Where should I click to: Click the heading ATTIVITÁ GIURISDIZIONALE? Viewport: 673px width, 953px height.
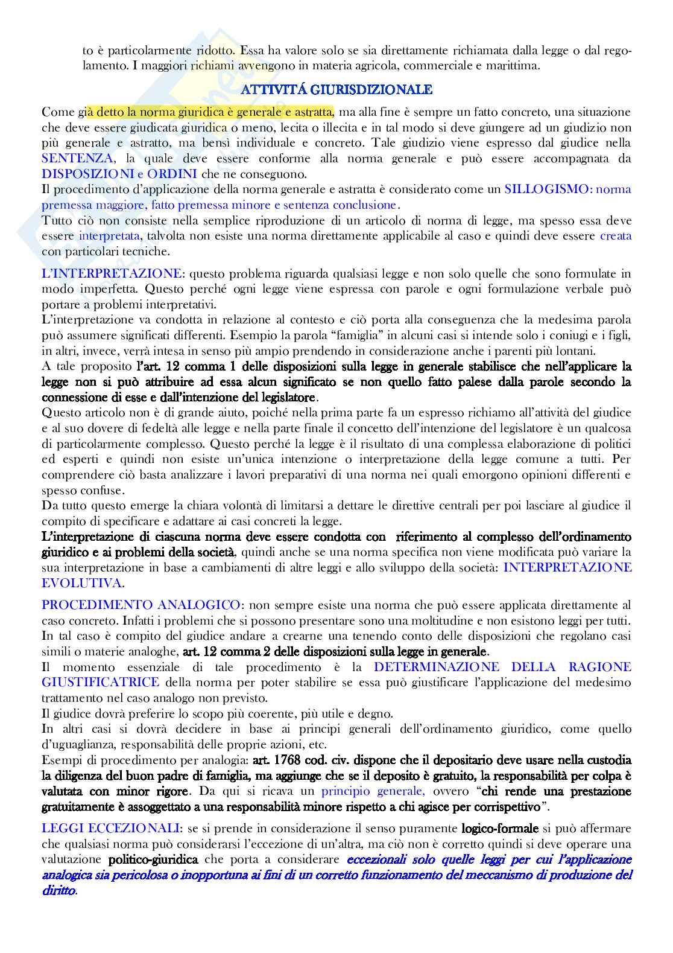point(336,90)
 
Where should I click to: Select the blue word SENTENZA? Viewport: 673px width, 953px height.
point(77,159)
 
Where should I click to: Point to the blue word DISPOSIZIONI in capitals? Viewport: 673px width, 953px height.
point(87,174)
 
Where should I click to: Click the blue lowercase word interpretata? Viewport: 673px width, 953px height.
point(109,236)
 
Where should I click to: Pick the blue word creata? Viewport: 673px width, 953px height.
point(616,236)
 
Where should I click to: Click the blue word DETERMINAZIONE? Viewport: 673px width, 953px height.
point(437,667)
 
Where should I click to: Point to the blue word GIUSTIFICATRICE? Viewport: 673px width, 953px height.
point(101,683)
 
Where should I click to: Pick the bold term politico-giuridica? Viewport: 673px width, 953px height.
point(154,859)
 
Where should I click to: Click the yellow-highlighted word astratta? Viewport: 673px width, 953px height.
point(311,112)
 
